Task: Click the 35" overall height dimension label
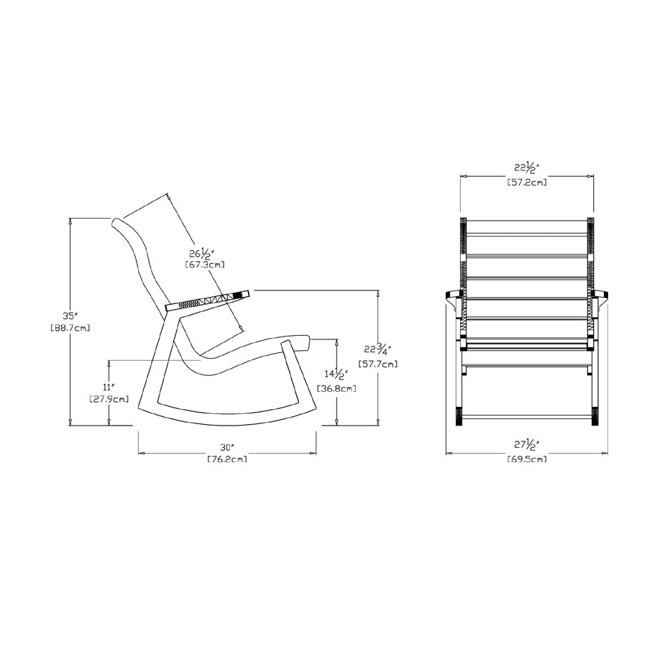point(70,315)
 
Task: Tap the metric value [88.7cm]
point(70,328)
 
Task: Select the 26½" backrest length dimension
point(201,254)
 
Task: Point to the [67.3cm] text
point(205,265)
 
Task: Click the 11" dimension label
point(109,386)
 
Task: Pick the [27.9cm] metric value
point(109,398)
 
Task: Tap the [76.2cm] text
point(227,459)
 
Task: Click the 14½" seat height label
point(336,375)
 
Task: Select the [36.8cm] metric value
point(336,388)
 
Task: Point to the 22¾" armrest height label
point(377,350)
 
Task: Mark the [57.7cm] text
point(377,364)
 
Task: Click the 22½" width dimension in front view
point(527,169)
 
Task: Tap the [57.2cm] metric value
point(527,183)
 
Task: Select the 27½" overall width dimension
point(527,445)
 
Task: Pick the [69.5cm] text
point(527,459)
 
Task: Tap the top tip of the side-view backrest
point(115,221)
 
